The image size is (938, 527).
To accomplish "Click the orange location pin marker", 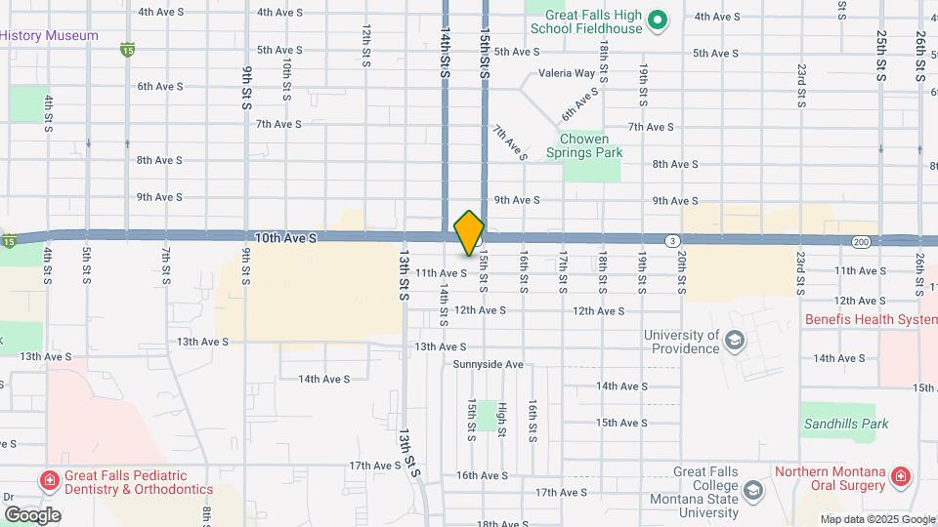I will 470,232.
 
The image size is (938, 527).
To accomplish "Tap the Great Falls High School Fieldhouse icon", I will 658,19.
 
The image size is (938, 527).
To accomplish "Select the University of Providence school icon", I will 735,340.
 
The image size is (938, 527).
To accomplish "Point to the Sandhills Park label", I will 846,424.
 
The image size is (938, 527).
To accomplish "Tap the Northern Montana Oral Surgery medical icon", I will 900,478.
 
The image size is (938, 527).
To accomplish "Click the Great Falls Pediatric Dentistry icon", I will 48,480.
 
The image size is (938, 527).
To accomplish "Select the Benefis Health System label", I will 871,319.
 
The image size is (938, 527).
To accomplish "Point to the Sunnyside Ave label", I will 489,364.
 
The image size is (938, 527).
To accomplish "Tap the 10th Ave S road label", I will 285,237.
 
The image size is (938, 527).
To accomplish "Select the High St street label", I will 502,420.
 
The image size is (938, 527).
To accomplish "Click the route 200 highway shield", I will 860,240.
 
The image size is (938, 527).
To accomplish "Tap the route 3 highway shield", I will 672,240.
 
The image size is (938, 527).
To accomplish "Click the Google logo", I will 31,514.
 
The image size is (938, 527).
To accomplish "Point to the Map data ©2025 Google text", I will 877,519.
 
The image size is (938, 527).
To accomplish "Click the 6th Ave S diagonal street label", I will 578,103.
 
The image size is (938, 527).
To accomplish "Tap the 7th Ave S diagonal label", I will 509,142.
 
